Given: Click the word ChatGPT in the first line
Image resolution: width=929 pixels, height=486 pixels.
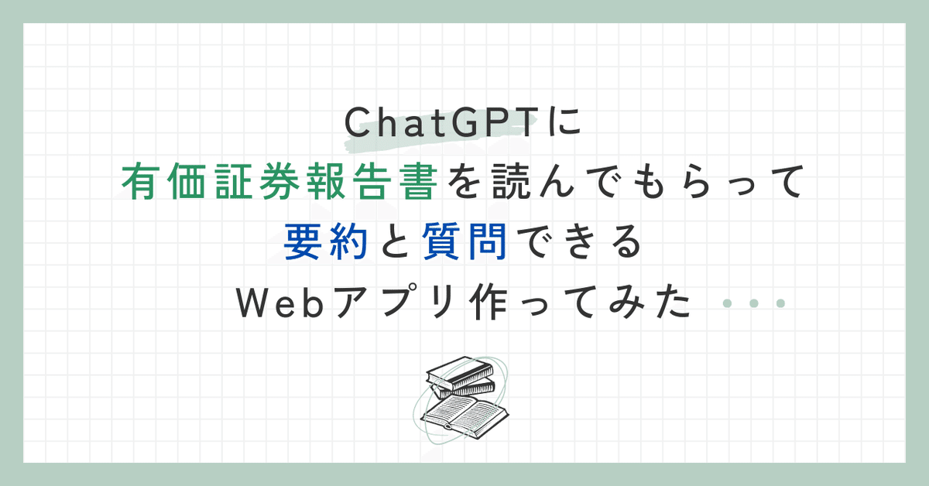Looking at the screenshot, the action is pos(441,122).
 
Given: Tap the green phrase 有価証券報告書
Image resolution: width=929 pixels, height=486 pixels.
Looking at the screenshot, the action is pos(280,181).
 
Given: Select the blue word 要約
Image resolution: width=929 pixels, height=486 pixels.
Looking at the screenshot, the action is pos(326,241).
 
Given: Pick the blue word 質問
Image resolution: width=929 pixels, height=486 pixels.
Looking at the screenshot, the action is pos(464,241).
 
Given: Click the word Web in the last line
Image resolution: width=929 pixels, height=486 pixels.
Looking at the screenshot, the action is pos(280,303).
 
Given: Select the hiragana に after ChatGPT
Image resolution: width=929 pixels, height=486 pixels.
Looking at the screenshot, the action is pos(564,122).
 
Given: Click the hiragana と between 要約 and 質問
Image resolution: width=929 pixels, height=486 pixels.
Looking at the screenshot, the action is pos(396,241).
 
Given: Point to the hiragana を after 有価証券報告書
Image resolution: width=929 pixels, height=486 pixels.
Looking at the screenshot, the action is pos(464,182).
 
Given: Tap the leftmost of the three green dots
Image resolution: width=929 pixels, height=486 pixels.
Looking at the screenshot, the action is pos(727,303).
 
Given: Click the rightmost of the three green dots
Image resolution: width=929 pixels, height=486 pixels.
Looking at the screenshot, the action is pos(780,303).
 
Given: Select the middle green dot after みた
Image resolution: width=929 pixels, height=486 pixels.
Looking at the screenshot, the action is pos(754,303).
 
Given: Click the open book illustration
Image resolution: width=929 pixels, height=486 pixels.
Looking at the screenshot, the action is pos(464,416).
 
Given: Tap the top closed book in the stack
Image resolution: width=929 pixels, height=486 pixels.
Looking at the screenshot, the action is pos(460,372).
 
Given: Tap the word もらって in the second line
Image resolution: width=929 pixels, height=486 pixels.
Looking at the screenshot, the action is pos(716,181).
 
